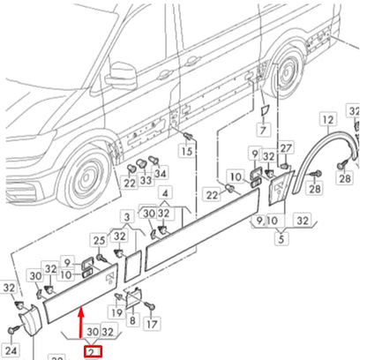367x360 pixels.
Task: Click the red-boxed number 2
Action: [91, 351]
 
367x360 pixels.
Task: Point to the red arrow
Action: [82, 322]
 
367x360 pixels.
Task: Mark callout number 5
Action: [281, 237]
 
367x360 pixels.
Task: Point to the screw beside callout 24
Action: [11, 329]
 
